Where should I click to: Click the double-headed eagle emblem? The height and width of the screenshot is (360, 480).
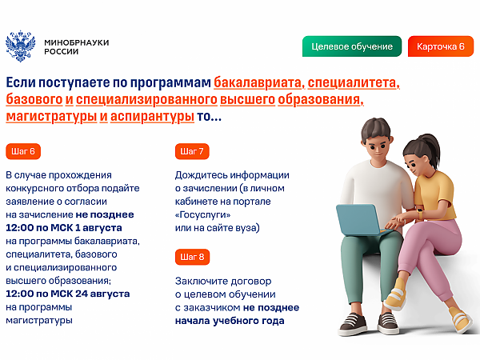tap(21, 46)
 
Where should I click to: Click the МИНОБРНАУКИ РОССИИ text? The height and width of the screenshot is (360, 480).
tap(77, 47)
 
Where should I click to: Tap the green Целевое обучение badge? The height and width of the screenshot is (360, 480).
tap(352, 46)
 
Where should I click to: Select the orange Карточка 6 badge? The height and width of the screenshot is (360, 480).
tap(441, 46)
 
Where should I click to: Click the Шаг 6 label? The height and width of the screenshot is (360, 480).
tap(23, 151)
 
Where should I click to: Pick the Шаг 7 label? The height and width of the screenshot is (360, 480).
tap(192, 151)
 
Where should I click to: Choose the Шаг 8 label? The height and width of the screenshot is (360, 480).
tap(192, 257)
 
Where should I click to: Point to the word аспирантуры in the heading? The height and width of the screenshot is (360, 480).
tap(152, 117)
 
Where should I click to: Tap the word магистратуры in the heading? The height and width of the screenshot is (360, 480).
tap(51, 117)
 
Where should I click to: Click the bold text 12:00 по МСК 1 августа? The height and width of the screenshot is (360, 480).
tap(64, 228)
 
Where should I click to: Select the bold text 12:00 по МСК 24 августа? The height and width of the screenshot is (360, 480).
tap(68, 294)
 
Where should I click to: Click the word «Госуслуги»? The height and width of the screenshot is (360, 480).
tap(202, 215)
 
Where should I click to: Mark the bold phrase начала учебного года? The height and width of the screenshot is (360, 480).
tap(230, 321)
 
